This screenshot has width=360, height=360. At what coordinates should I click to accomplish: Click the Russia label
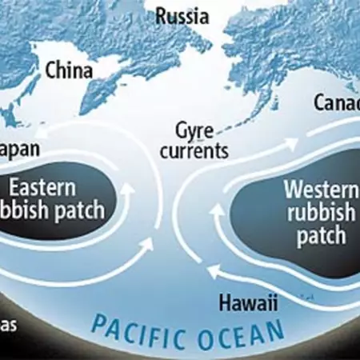(x=183, y=14)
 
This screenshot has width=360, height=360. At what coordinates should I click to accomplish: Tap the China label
(x=69, y=70)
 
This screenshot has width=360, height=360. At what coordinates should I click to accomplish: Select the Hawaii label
(x=246, y=302)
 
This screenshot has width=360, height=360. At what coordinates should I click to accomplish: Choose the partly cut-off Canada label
(x=336, y=103)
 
